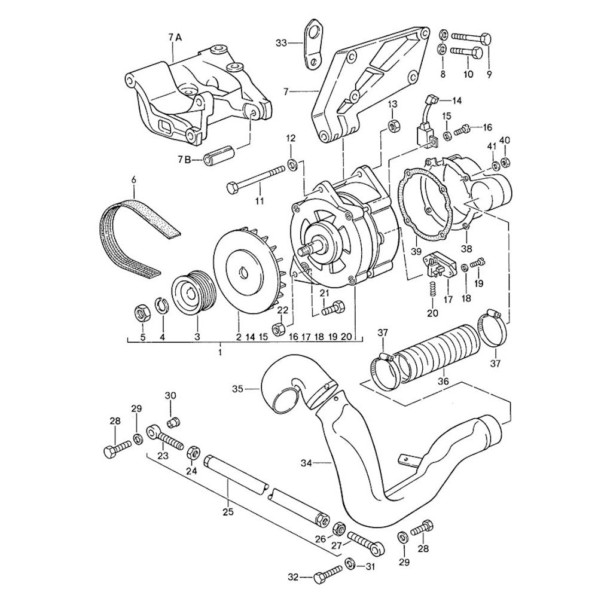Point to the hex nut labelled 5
(x=142, y=312)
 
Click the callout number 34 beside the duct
(x=307, y=462)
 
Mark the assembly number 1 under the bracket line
(x=221, y=353)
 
